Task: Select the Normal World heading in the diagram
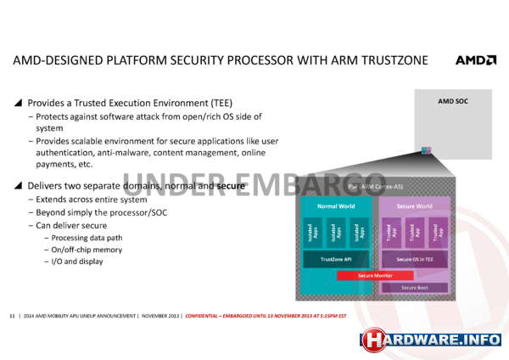coord(334,206)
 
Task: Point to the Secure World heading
coord(413,206)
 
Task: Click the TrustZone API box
coord(335,259)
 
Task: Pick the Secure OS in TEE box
coord(413,259)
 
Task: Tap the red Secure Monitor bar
coord(374,275)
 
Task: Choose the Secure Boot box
coord(413,289)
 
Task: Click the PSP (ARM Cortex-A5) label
coord(373,186)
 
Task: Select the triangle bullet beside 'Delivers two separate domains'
coord(19,185)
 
